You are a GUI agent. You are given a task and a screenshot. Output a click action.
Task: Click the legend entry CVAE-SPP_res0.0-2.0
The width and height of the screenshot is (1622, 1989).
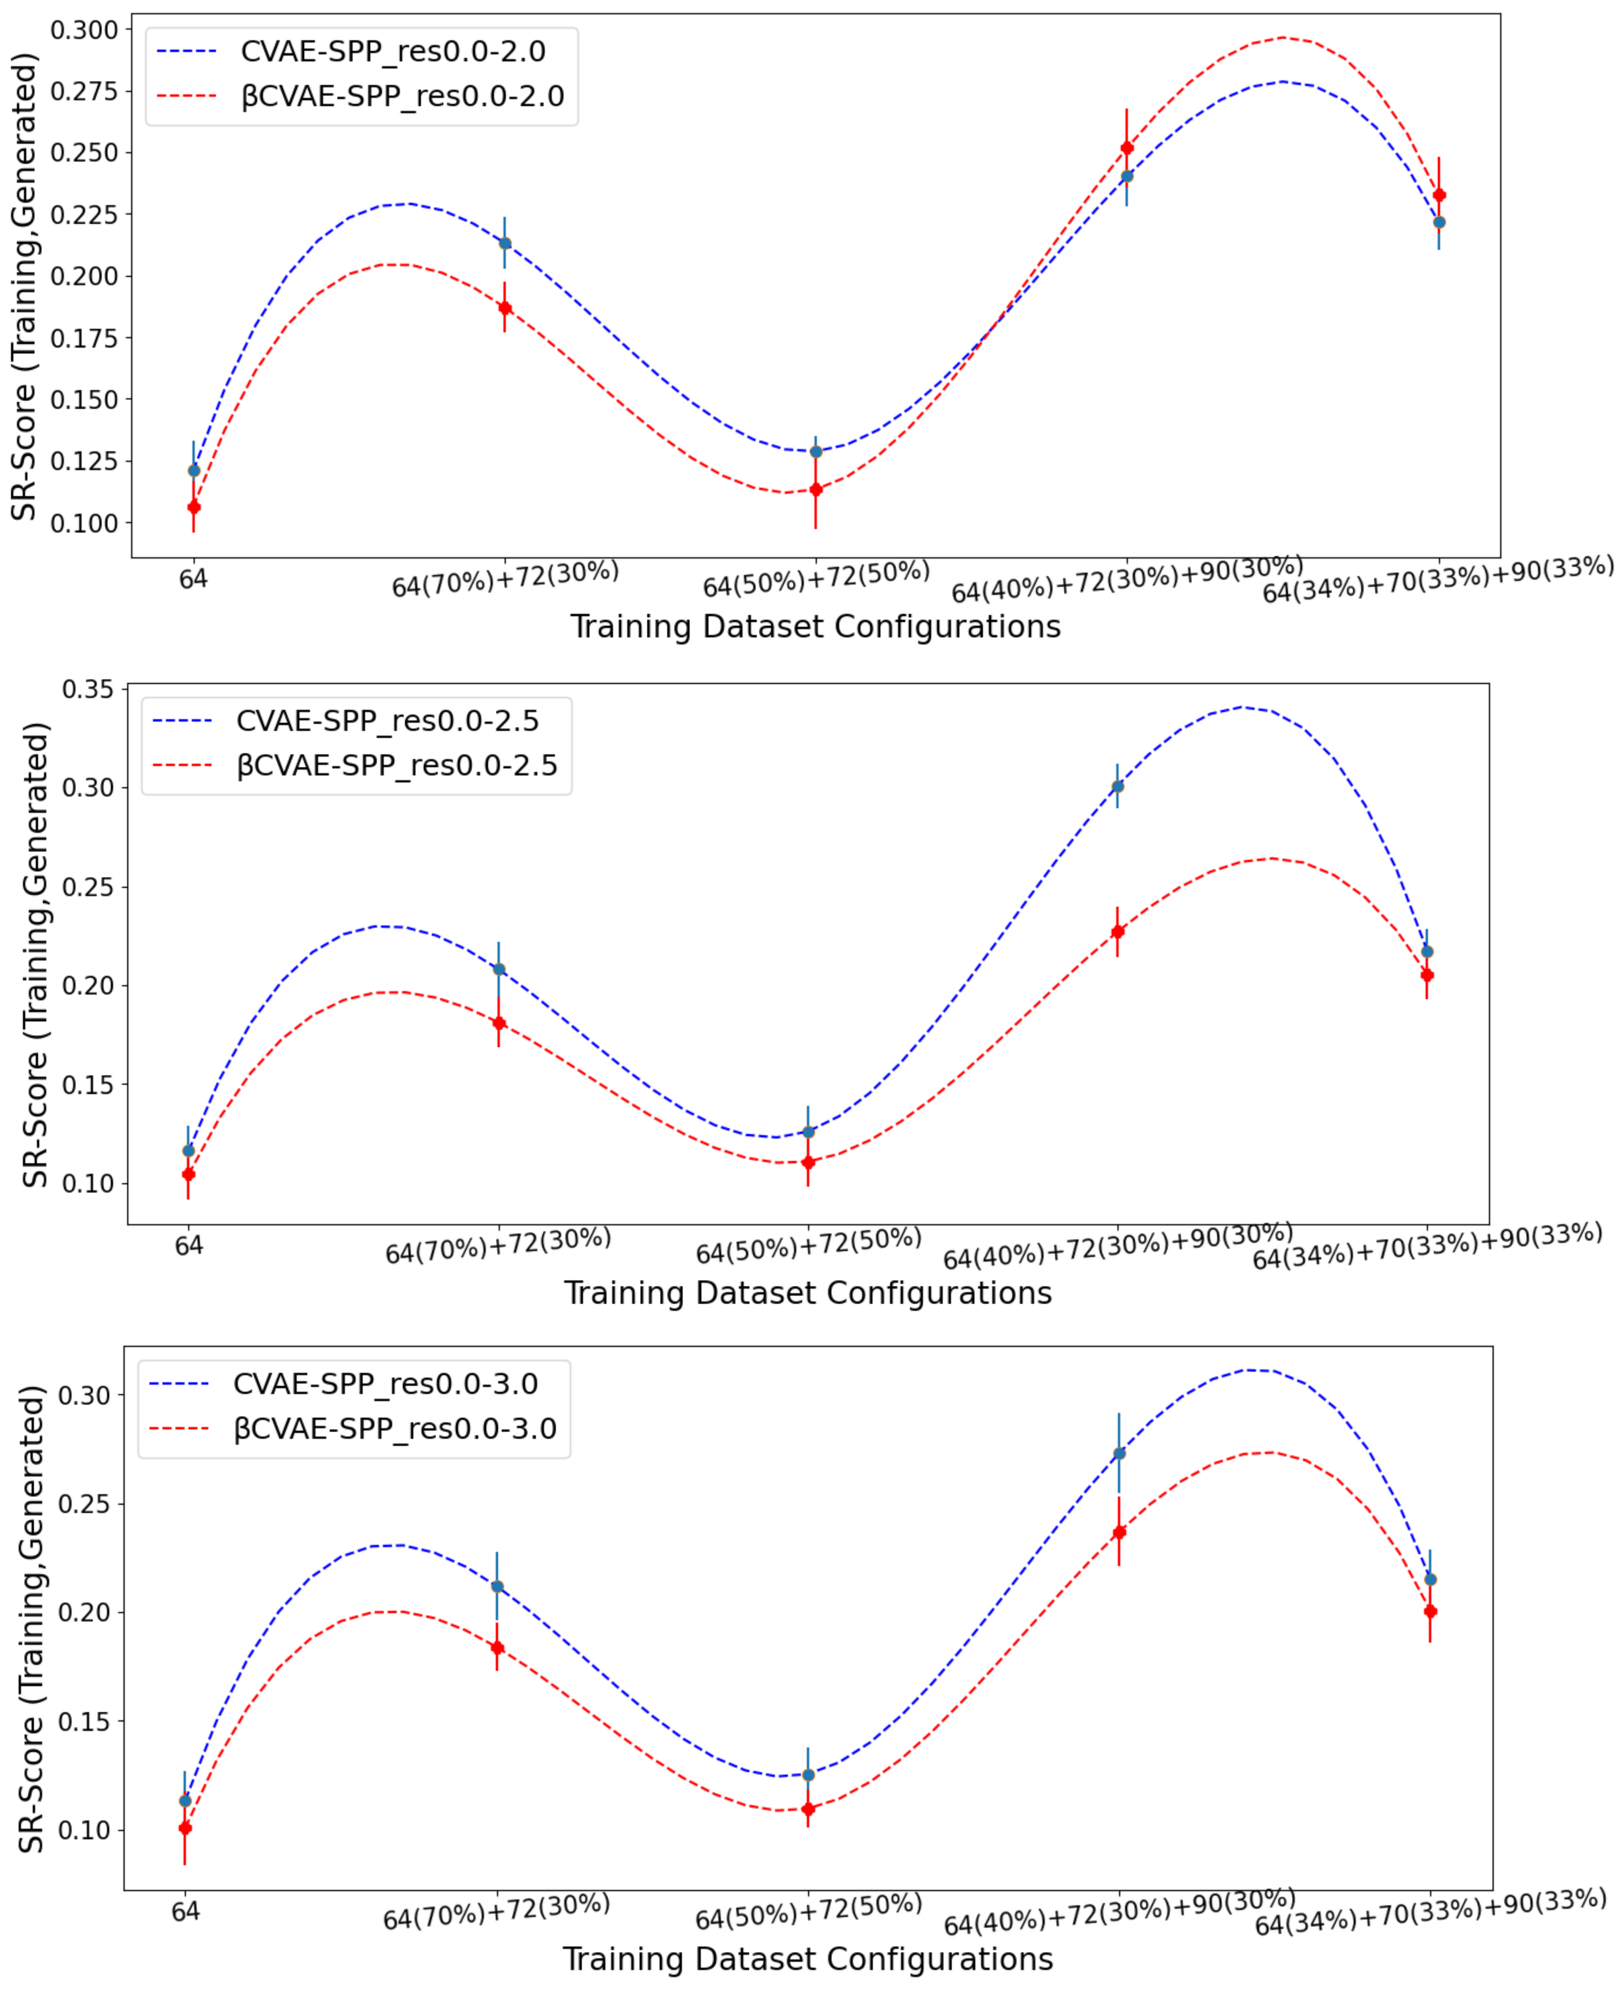pyautogui.click(x=392, y=52)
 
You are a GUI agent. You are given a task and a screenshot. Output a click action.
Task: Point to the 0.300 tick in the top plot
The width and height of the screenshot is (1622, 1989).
pyautogui.click(x=84, y=30)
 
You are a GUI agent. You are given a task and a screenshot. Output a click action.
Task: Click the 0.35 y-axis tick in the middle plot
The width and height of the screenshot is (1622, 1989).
pyautogui.click(x=87, y=689)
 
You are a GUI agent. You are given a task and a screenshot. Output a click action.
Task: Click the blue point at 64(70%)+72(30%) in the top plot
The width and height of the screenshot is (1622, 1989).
pyautogui.click(x=505, y=243)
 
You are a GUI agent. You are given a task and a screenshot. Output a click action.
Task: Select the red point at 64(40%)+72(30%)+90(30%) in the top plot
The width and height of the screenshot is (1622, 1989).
pyautogui.click(x=1127, y=148)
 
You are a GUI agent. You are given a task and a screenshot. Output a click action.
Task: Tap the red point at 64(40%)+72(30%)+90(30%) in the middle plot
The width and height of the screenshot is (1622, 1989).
pyautogui.click(x=1117, y=931)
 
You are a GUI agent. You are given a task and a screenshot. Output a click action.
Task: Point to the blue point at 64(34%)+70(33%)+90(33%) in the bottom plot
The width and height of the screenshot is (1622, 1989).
pyautogui.click(x=1429, y=1579)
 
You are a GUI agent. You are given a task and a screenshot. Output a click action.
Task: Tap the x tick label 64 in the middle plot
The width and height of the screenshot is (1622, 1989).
pyautogui.click(x=189, y=1245)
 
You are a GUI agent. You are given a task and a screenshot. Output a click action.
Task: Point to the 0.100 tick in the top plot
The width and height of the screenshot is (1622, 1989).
pyautogui.click(x=84, y=523)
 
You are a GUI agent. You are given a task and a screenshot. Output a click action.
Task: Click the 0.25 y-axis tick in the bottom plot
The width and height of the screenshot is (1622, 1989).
pyautogui.click(x=84, y=1504)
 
